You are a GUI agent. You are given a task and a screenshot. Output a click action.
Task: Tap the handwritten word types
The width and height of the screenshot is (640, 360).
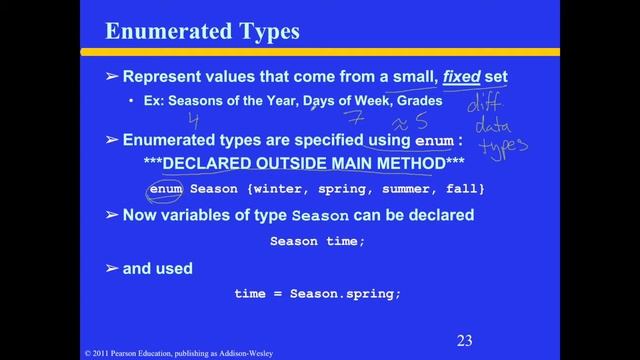[x=502, y=149]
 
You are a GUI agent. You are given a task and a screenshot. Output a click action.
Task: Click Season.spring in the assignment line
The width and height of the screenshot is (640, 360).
[x=345, y=293]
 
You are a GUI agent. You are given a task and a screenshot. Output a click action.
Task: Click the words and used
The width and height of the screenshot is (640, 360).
[x=157, y=268]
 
